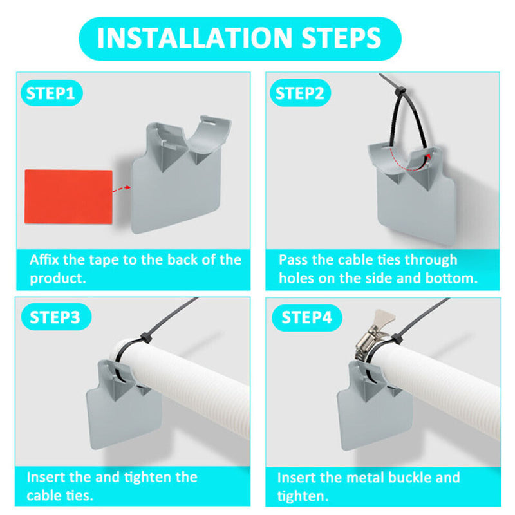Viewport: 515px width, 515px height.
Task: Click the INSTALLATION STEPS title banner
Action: point(239,38)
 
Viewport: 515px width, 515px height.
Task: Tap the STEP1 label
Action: point(51,93)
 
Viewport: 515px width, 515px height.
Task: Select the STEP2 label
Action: point(299,93)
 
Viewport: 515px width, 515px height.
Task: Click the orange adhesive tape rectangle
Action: point(68,196)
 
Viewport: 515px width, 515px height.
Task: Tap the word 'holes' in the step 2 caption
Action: point(299,279)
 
